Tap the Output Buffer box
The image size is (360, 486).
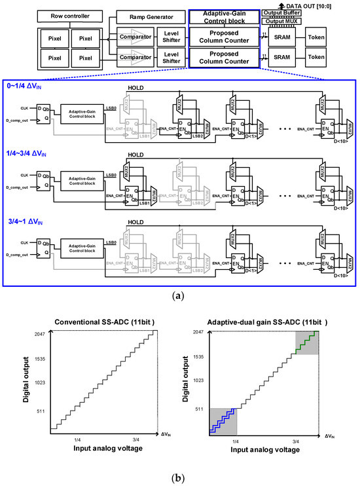(x=281, y=13)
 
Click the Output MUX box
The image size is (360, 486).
(x=281, y=22)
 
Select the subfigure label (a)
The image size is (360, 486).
(x=180, y=297)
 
